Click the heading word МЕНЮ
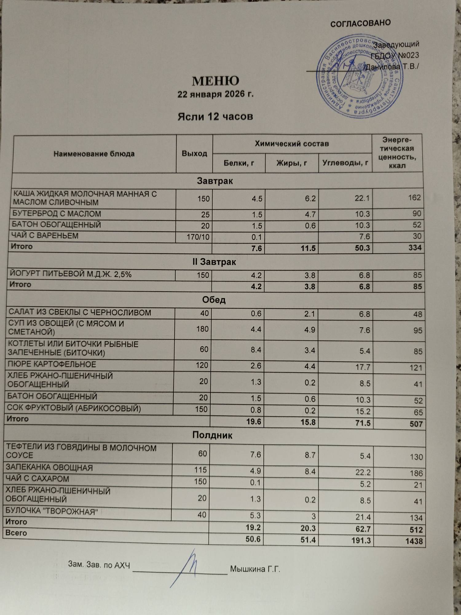(215, 81)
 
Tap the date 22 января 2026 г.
(215, 94)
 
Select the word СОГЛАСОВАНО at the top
(360, 23)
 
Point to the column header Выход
(194, 153)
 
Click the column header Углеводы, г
(345, 163)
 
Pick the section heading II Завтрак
(214, 262)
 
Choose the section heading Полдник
(212, 435)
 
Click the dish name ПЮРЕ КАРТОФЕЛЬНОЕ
(52, 364)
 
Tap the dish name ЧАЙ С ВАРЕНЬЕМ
(45, 236)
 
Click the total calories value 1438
(414, 541)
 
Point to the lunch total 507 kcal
(416, 424)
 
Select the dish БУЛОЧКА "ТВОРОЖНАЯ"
(52, 511)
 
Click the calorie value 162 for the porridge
(414, 197)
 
